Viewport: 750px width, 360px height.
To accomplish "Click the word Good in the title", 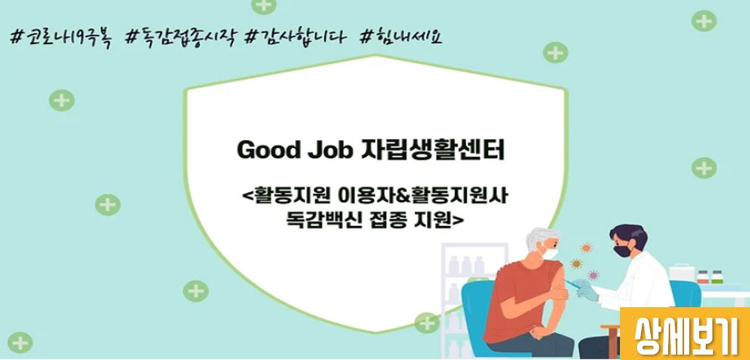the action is click(x=266, y=151).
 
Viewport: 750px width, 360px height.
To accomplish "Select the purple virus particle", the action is click(x=593, y=275).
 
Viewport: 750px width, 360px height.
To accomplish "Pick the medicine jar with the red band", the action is click(x=702, y=277).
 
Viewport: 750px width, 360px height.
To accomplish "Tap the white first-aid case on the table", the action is click(x=681, y=272).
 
